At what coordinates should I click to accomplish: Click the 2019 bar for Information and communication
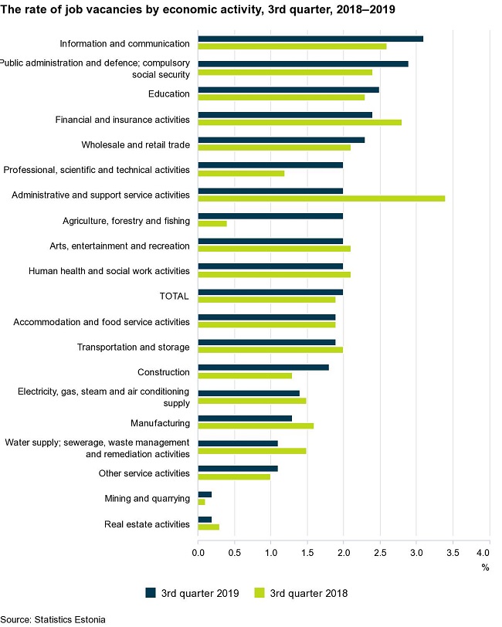310,39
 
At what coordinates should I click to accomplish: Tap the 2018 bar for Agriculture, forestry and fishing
212,224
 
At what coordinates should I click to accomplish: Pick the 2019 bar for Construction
263,367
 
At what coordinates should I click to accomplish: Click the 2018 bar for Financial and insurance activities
300,123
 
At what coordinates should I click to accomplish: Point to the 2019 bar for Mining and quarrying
205,493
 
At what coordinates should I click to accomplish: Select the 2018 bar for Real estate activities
209,527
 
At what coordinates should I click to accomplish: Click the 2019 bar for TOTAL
270,291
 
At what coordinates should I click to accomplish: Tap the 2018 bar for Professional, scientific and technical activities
241,173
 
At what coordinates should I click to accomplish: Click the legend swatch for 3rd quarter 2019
151,593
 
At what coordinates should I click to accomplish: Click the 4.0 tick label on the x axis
483,553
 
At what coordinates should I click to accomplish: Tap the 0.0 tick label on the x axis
198,553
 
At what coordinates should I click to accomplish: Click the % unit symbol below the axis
485,568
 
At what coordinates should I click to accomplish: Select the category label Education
168,94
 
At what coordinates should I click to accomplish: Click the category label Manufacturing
161,423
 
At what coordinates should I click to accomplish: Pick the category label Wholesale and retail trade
135,144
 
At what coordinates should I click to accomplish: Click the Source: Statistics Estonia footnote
53,619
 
